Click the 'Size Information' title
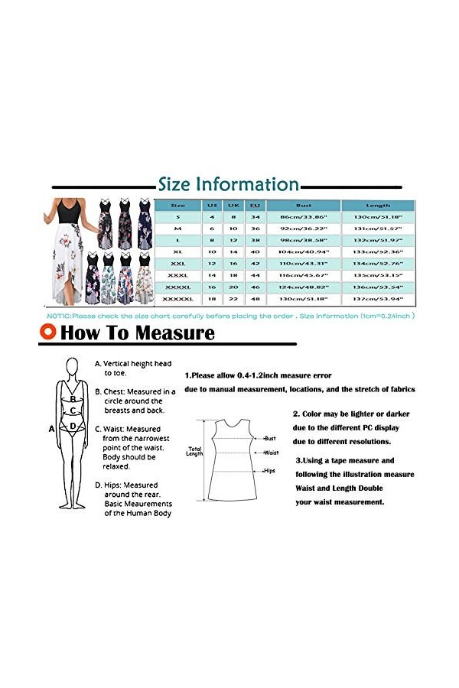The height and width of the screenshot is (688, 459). click(x=228, y=184)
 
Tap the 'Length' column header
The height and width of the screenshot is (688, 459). click(x=378, y=206)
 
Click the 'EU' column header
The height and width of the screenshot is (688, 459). click(x=255, y=206)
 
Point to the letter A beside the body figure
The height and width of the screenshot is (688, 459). click(x=52, y=429)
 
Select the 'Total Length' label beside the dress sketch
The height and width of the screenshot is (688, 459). click(x=194, y=452)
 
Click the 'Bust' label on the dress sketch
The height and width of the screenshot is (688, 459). click(x=270, y=439)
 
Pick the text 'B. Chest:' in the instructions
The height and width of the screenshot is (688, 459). click(x=112, y=391)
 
